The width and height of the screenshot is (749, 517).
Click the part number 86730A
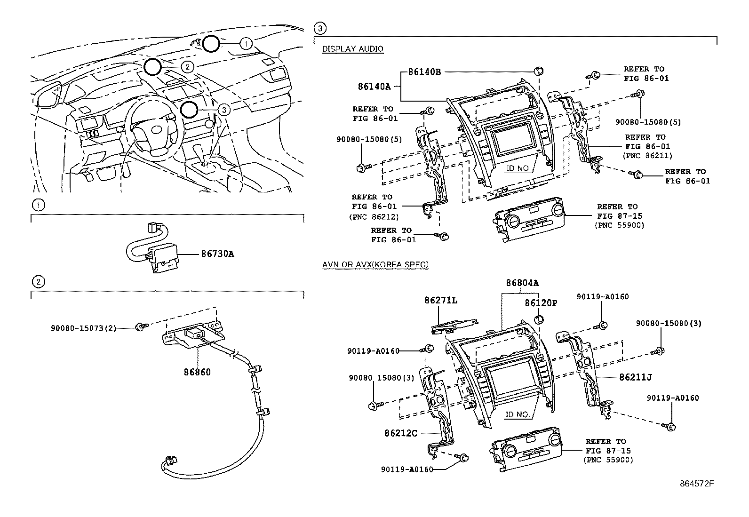217,254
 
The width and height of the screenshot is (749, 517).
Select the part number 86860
197,372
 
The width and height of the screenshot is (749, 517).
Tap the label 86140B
424,72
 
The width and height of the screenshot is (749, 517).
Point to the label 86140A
374,87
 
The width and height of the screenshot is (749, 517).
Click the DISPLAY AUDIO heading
352,49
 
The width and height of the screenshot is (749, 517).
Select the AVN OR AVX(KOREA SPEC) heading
375,264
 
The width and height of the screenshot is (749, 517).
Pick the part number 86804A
522,283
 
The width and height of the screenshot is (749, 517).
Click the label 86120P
541,303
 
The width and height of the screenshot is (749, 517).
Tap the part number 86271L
441,300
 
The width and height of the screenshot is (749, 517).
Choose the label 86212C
401,433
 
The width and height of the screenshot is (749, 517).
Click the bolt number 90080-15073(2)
83,328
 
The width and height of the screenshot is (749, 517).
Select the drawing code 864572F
697,484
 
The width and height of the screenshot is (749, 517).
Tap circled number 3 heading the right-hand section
319,28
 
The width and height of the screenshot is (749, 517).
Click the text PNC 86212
374,217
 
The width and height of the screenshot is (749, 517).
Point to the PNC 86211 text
647,156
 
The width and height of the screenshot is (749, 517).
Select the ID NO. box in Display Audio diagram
518,168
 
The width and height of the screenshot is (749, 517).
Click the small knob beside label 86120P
539,319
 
